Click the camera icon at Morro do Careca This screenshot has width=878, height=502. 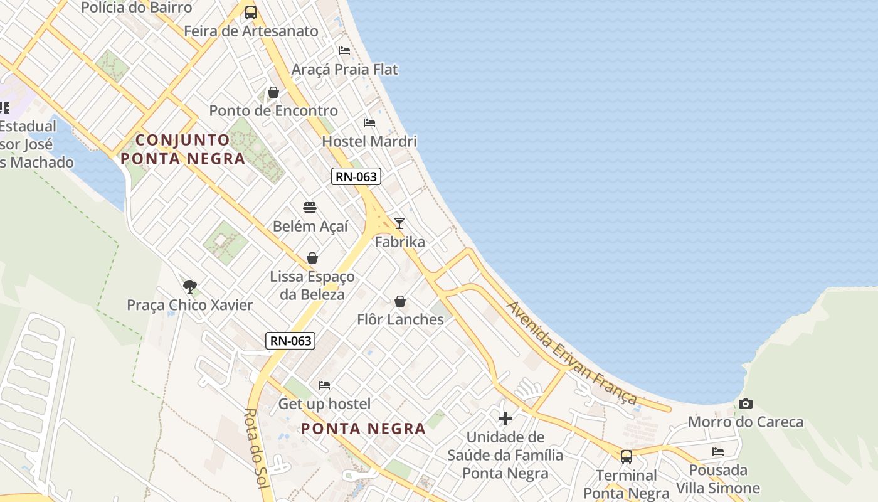pyautogui.click(x=745, y=403)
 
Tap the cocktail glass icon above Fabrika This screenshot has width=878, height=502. pyautogui.click(x=399, y=223)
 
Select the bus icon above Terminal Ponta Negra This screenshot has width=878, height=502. pyautogui.click(x=626, y=456)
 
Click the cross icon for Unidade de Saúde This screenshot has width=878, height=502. pyautogui.click(x=505, y=418)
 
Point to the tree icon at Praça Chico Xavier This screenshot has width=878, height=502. pyautogui.click(x=189, y=287)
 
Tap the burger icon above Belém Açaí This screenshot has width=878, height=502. pyautogui.click(x=310, y=207)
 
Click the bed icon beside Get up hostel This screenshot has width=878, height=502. pyautogui.click(x=324, y=385)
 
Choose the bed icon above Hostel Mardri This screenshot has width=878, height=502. pyautogui.click(x=369, y=122)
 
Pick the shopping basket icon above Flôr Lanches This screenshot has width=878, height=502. pyautogui.click(x=400, y=301)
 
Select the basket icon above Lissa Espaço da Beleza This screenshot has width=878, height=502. pyautogui.click(x=312, y=258)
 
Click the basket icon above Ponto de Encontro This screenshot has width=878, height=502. pyautogui.click(x=273, y=92)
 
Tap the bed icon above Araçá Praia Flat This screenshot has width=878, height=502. pyautogui.click(x=344, y=50)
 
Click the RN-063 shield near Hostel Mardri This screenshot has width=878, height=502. pyautogui.click(x=356, y=176)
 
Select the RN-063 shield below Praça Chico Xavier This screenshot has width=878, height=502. pyautogui.click(x=290, y=341)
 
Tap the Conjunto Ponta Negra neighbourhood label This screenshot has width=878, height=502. pyautogui.click(x=182, y=149)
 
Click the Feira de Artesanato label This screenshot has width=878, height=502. pyautogui.click(x=251, y=31)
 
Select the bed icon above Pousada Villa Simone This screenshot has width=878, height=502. pyautogui.click(x=717, y=451)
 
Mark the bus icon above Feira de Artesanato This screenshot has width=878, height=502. pyautogui.click(x=251, y=12)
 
